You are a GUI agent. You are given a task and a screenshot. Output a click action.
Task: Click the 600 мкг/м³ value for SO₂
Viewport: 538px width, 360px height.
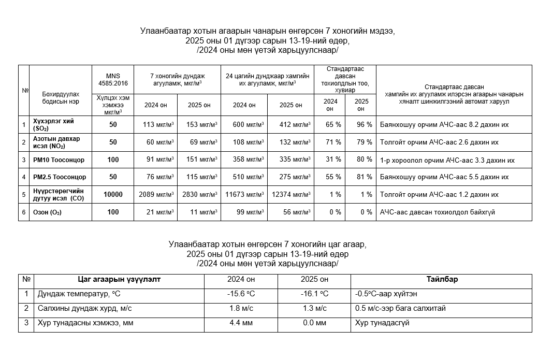244,124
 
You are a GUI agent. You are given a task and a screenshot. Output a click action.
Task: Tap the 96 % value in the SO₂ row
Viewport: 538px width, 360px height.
361,124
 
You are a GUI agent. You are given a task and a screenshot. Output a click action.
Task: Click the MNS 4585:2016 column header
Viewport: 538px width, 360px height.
113,79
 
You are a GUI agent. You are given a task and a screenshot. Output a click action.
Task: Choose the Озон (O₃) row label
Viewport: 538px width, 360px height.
47,212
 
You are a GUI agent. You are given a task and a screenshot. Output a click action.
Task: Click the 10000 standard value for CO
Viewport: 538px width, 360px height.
113,195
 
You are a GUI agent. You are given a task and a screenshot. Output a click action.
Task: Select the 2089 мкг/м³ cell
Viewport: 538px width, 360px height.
156,195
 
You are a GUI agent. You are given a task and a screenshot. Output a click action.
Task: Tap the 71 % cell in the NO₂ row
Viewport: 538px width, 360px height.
330,142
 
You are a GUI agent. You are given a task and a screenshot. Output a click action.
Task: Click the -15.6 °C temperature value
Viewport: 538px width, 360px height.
241,294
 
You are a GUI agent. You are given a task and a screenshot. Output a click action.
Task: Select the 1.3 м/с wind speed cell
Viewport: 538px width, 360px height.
314,309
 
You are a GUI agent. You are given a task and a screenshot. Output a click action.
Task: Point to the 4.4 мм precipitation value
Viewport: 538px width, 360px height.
241,323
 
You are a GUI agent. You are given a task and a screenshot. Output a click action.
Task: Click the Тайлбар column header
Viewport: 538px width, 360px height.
441,280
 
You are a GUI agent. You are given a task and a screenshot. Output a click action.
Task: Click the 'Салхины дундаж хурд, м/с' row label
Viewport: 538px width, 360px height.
85,309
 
